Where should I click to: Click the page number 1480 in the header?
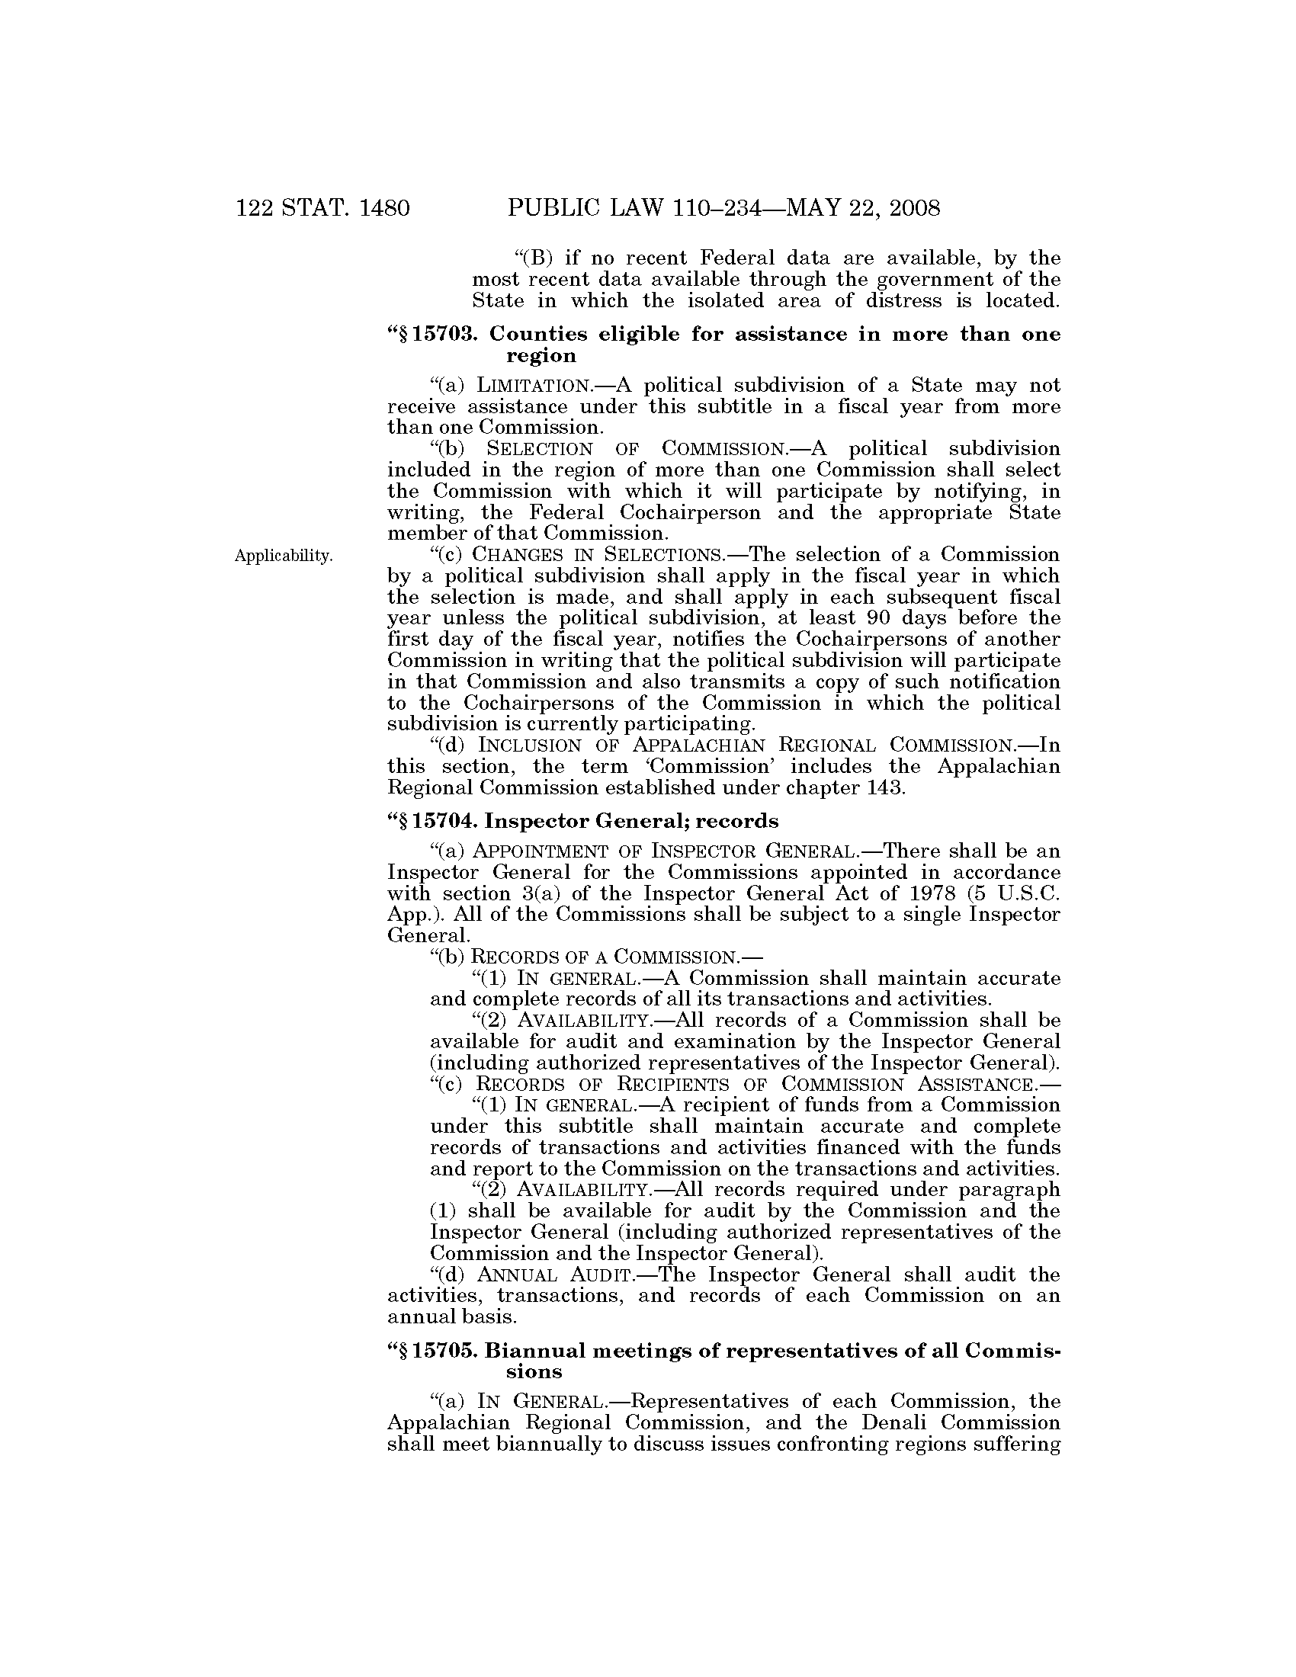point(384,208)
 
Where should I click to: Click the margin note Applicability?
point(284,556)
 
